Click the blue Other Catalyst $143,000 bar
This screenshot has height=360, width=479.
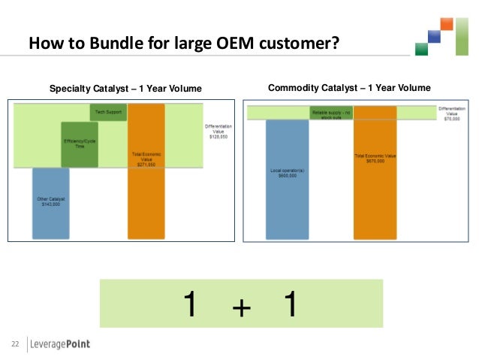50,201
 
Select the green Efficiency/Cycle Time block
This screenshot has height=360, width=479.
74,144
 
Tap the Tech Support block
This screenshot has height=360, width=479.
107,112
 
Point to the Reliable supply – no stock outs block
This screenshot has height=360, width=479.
331,113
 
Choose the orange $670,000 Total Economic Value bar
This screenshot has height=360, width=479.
375,173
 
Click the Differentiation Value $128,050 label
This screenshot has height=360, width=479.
219,132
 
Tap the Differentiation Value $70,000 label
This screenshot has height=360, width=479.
451,113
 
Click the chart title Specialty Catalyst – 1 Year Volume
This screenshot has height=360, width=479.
125,89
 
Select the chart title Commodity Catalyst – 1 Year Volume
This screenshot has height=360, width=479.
349,88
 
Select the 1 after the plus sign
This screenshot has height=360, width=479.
290,304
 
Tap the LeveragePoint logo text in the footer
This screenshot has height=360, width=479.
60,344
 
